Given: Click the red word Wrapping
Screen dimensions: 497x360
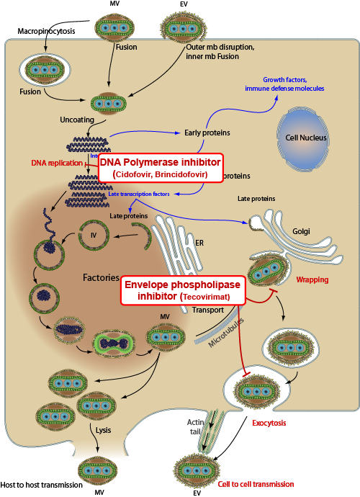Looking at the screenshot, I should (x=312, y=279).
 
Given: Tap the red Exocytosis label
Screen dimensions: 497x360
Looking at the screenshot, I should (x=268, y=423).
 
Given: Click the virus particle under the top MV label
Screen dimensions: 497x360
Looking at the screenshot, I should (x=115, y=27).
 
